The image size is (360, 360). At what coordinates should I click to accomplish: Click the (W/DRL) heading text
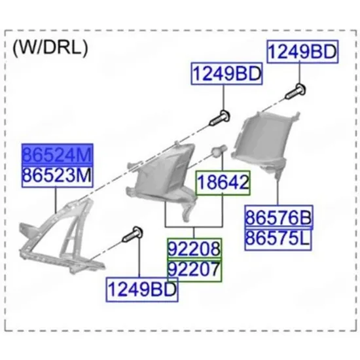[50, 48]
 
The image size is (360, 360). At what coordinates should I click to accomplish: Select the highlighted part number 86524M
[58, 154]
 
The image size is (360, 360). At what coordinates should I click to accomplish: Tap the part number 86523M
[58, 176]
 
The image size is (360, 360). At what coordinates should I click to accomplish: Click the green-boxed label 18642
[223, 183]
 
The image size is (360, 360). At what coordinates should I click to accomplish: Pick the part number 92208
[194, 249]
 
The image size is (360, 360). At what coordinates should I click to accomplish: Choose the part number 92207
[194, 270]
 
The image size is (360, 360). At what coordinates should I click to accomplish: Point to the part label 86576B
[279, 217]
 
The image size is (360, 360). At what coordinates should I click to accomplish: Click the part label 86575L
[278, 238]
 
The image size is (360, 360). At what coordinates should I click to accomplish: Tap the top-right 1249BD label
[302, 52]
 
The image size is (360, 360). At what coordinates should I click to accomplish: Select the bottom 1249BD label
[142, 289]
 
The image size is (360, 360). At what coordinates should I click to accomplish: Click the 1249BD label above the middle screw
[227, 74]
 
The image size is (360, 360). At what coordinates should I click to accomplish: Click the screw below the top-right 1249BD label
[296, 92]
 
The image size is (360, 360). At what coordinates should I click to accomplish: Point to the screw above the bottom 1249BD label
[133, 234]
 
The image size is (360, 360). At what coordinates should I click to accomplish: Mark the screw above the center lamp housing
[220, 118]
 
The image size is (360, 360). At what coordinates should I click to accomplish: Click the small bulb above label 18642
[219, 151]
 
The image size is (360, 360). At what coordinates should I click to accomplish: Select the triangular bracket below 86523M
[60, 236]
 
